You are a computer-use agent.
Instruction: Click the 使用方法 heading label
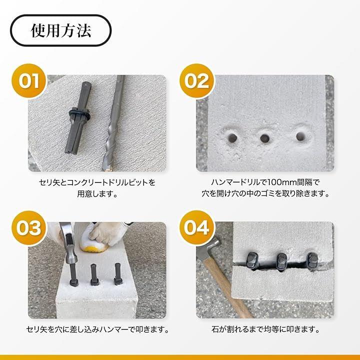[x=61, y=30]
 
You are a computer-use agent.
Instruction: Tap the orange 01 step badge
[x=29, y=81]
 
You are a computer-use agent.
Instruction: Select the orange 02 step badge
[x=197, y=81]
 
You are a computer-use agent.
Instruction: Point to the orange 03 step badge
[x=29, y=228]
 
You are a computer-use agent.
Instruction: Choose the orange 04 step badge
[x=197, y=228]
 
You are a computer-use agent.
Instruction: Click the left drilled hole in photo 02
[x=233, y=138]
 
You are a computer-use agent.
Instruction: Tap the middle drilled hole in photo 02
[x=265, y=138]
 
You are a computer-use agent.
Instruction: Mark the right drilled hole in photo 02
[x=300, y=136]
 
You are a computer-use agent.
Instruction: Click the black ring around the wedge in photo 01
[x=79, y=113]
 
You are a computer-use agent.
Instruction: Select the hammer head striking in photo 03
[x=69, y=243]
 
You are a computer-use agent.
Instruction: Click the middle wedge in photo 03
[x=94, y=275]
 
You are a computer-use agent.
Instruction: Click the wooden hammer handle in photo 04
[x=227, y=287]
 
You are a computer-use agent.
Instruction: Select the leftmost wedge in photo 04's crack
[x=251, y=260]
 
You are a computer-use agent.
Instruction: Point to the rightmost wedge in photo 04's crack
[x=312, y=261]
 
